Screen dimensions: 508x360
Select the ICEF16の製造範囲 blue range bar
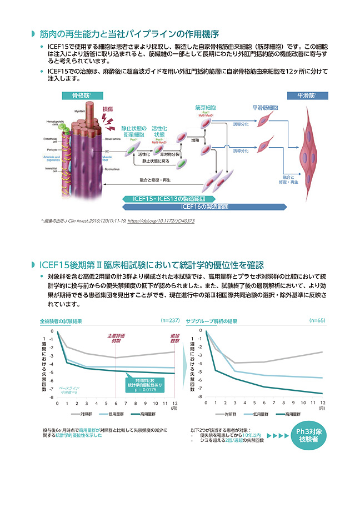coord(204,207)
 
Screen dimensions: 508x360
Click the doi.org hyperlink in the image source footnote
coord(162,221)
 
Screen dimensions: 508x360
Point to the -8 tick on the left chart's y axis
coord(52,398)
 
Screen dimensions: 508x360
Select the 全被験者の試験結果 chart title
coord(61,321)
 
